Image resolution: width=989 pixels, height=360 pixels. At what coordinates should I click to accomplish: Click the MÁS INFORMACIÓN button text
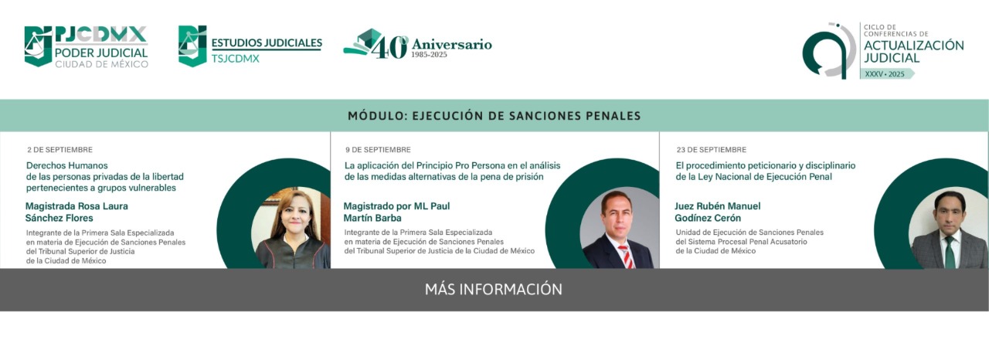coord(493,290)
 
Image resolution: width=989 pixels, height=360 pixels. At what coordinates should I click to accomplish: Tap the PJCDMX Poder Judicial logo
coord(86,46)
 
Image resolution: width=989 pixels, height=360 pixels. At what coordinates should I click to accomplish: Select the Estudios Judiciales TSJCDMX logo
coord(250,46)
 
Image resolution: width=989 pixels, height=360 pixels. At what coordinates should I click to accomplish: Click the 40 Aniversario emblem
coord(417,44)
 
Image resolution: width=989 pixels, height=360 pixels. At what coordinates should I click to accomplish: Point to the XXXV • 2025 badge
coord(885,74)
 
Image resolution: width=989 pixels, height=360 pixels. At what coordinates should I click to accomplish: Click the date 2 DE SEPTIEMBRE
coord(59,150)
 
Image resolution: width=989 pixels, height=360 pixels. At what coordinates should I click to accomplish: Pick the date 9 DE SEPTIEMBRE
coord(378,150)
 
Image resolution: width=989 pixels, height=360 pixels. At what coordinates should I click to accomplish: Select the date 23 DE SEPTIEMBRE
coord(712,150)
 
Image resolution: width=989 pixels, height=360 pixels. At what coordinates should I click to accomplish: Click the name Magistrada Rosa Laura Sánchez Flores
coord(76,212)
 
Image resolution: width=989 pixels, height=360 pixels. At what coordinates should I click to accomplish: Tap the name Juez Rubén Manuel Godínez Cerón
coord(718,212)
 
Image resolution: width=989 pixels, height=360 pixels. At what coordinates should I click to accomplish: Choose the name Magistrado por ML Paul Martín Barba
coord(396,212)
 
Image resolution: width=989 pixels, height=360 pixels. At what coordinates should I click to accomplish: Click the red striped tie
coord(626,256)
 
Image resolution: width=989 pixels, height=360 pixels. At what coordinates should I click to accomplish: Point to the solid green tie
coord(950,253)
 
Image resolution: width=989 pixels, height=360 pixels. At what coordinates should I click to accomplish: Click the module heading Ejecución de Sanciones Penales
coord(494,116)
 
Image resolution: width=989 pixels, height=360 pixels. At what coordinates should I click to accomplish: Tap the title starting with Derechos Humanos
coord(104,176)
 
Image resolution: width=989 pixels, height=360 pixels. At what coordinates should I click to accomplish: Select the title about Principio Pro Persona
coord(452,172)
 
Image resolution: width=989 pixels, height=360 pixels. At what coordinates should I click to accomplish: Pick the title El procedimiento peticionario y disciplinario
coord(765,172)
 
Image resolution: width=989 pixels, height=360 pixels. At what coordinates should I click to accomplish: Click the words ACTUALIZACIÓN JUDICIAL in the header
coord(913,52)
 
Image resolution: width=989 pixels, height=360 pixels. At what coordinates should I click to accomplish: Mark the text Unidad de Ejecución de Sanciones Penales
coord(749,233)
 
